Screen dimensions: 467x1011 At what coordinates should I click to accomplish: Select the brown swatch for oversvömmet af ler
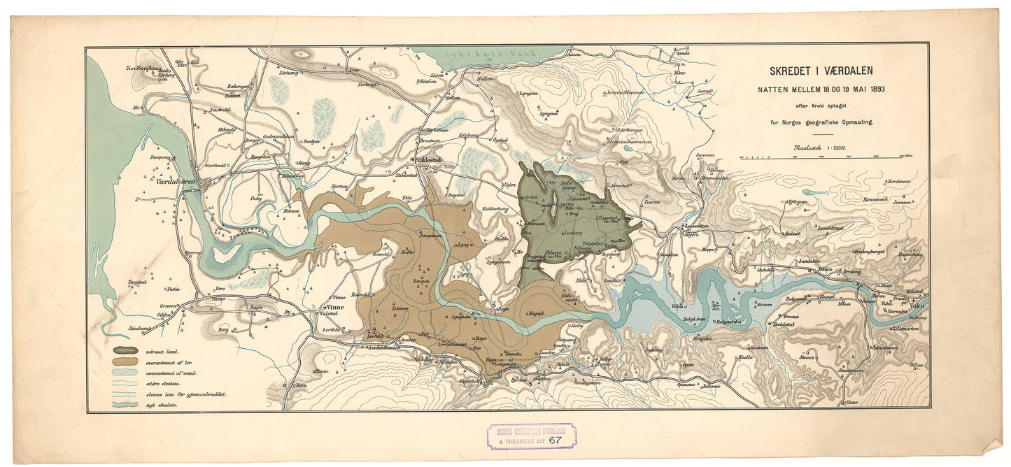click(x=125, y=362)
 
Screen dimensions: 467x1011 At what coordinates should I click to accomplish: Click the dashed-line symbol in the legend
click(x=125, y=394)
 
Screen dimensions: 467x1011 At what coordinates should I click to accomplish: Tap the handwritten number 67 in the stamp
click(x=555, y=440)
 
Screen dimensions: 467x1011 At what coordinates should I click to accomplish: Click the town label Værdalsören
click(x=178, y=181)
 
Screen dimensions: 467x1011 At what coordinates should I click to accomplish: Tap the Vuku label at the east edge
click(x=918, y=304)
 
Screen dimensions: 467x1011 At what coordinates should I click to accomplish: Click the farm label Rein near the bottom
click(x=302, y=385)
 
